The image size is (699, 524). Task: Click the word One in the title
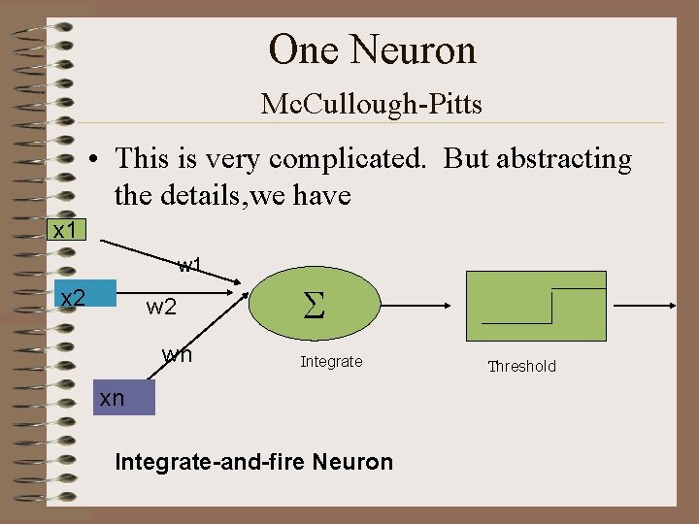tap(302, 49)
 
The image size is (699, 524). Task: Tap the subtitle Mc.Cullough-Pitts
tap(372, 104)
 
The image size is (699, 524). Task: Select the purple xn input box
tap(123, 397)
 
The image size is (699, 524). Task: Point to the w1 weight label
tap(189, 265)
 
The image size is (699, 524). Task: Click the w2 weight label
tap(161, 308)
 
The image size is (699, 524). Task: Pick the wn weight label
tap(177, 354)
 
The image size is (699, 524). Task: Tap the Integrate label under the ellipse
tap(331, 362)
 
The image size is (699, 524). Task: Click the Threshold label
tap(522, 366)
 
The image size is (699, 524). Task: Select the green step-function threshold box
tap(537, 307)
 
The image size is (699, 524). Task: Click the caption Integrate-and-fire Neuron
tap(254, 462)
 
